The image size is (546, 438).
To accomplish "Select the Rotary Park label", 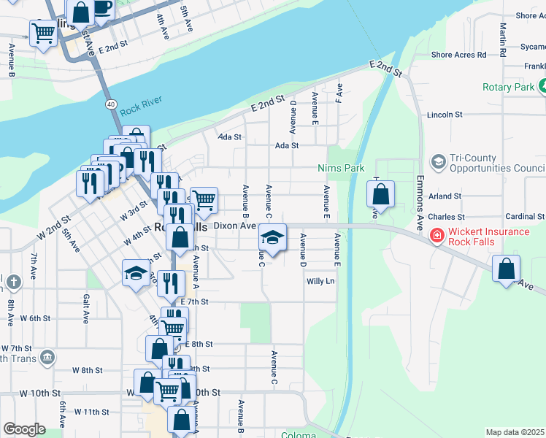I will tap(508, 87).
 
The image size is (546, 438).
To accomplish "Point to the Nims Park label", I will tap(341, 168).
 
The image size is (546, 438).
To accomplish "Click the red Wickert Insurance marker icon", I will tap(437, 237).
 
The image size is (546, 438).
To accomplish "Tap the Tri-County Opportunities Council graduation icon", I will tap(438, 162).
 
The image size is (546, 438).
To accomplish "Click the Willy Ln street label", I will tap(320, 281).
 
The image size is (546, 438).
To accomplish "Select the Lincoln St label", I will tap(445, 115).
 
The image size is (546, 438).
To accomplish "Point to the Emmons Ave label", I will tap(420, 203).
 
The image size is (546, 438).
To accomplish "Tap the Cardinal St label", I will tap(525, 217).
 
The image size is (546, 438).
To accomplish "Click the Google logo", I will tap(24, 429).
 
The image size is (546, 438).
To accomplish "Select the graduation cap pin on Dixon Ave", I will tap(272, 238).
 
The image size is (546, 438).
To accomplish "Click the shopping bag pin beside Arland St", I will tap(380, 195).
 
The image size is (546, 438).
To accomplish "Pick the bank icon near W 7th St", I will tap(47, 356).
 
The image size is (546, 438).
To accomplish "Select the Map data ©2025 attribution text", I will tap(515, 432).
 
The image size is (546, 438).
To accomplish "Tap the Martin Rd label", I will tap(504, 39).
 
